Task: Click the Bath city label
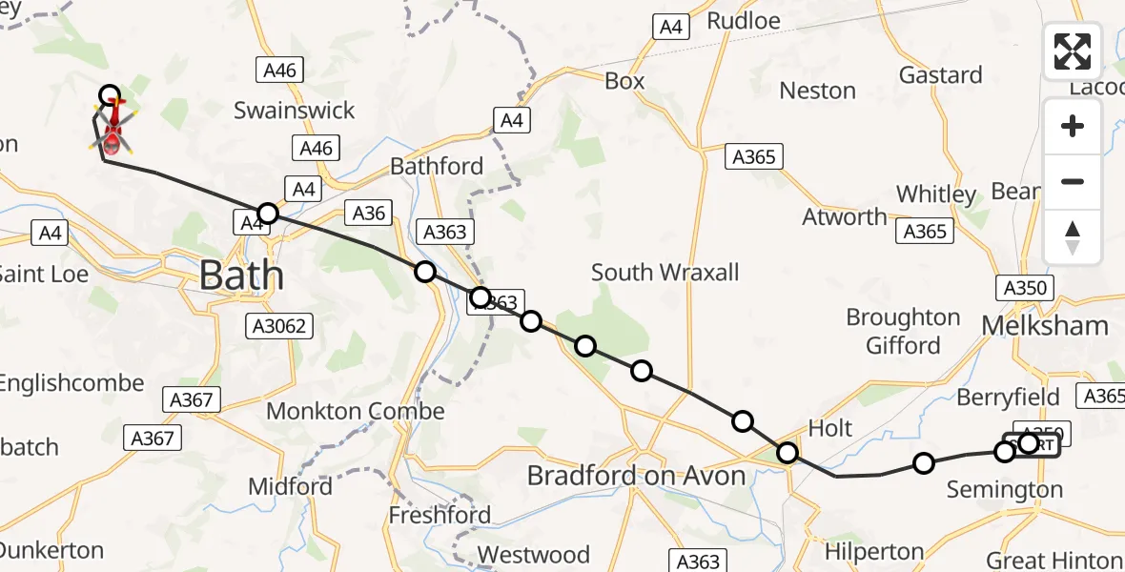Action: coord(241,276)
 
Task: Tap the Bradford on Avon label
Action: coord(636,475)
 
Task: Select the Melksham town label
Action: coord(1045,325)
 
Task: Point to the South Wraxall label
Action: coord(665,273)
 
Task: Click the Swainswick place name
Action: coord(294,111)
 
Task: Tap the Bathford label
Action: coord(437,166)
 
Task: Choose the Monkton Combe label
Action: coord(355,411)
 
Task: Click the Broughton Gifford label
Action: coord(903,330)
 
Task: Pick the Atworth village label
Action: coord(845,216)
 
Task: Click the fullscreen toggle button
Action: coord(1073,51)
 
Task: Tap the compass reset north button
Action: coord(1073,237)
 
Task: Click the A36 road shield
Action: coord(368,213)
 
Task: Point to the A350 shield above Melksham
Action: coord(1025,288)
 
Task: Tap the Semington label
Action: coord(1004,490)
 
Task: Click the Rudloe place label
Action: coord(744,20)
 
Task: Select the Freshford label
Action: coord(440,516)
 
